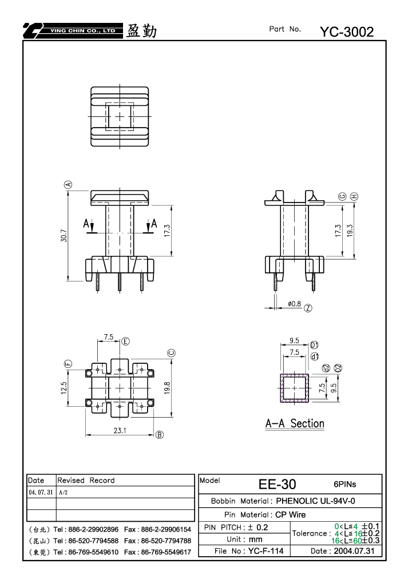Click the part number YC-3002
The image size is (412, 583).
(347, 32)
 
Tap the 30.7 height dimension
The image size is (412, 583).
(64, 236)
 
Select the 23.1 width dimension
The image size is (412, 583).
(120, 431)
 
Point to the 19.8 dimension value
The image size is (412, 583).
(167, 388)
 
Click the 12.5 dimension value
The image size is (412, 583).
(64, 388)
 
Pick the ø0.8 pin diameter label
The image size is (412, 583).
(294, 304)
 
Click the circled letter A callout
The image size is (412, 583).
(69, 185)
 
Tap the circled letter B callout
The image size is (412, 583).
(160, 435)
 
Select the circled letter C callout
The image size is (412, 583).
(172, 353)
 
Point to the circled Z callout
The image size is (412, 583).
(308, 308)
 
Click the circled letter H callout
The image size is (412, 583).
(354, 196)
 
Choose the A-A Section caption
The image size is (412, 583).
(295, 423)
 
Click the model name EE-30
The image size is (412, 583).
(278, 484)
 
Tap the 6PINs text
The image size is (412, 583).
(344, 484)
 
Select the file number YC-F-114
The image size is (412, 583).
(266, 551)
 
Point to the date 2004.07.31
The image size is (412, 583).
(354, 551)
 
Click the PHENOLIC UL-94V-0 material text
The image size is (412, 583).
(315, 501)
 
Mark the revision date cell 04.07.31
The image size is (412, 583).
(41, 492)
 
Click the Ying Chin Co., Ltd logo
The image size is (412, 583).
(73, 31)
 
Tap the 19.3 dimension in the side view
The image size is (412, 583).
(350, 231)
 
